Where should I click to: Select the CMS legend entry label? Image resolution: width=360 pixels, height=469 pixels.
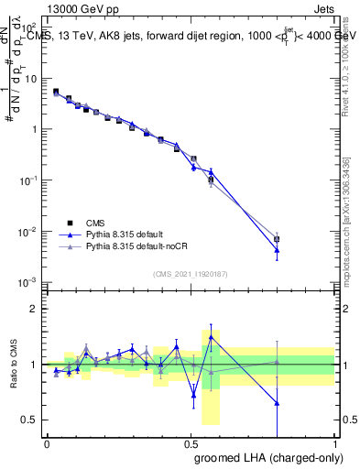tap(96, 222)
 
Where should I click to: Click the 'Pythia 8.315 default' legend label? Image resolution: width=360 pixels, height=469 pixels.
tap(126, 234)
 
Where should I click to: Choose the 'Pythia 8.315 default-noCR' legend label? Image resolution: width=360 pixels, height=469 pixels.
tap(137, 247)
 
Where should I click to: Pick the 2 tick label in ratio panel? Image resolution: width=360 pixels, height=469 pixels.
tap(33, 309)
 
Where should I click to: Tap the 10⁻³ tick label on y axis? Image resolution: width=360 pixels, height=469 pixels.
tap(27, 282)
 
